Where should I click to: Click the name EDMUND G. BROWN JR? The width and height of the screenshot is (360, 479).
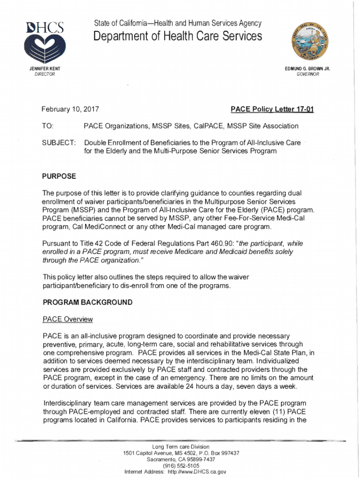coord(308,69)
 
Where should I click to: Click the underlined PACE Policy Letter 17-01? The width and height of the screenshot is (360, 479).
coord(272,110)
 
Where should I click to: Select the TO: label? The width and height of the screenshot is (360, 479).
coord(48,126)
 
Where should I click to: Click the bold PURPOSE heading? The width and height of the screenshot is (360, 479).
coord(59,176)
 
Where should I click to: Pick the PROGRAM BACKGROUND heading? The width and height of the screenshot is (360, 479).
coord(87,302)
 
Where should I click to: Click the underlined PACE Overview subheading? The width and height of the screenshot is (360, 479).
coord(68,319)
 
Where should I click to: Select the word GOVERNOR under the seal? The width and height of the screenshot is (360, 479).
coord(308,74)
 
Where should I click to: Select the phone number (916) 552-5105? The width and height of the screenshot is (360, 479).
coord(181,466)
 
